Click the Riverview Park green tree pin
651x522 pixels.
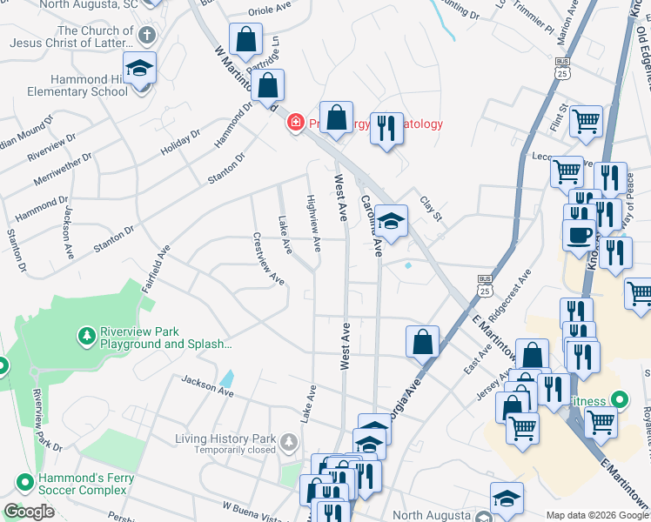87,334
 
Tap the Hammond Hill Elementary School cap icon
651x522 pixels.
138,69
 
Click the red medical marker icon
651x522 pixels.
296,123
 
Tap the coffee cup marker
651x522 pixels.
579,235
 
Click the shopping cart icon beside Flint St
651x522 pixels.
587,121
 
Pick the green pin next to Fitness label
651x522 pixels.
619,401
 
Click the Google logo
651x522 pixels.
29,512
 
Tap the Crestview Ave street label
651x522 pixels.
269,258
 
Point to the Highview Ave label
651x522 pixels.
313,217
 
